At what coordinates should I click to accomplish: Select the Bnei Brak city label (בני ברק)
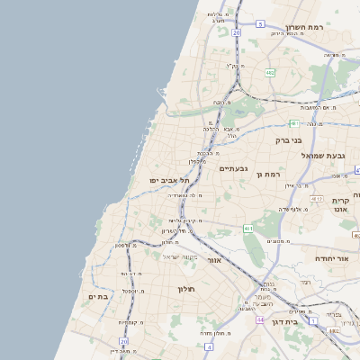point(292,140)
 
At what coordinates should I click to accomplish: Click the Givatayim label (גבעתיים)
point(232,167)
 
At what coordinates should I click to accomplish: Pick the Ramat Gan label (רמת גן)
point(268,173)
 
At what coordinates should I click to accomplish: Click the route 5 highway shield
point(260,23)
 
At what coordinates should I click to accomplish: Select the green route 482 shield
point(269,72)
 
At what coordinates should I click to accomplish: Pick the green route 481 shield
point(293,122)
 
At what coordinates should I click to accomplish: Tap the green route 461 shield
point(248,230)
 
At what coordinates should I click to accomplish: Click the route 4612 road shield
point(316,197)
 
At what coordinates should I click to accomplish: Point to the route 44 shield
point(259,319)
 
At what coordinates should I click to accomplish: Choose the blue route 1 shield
point(312,319)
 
